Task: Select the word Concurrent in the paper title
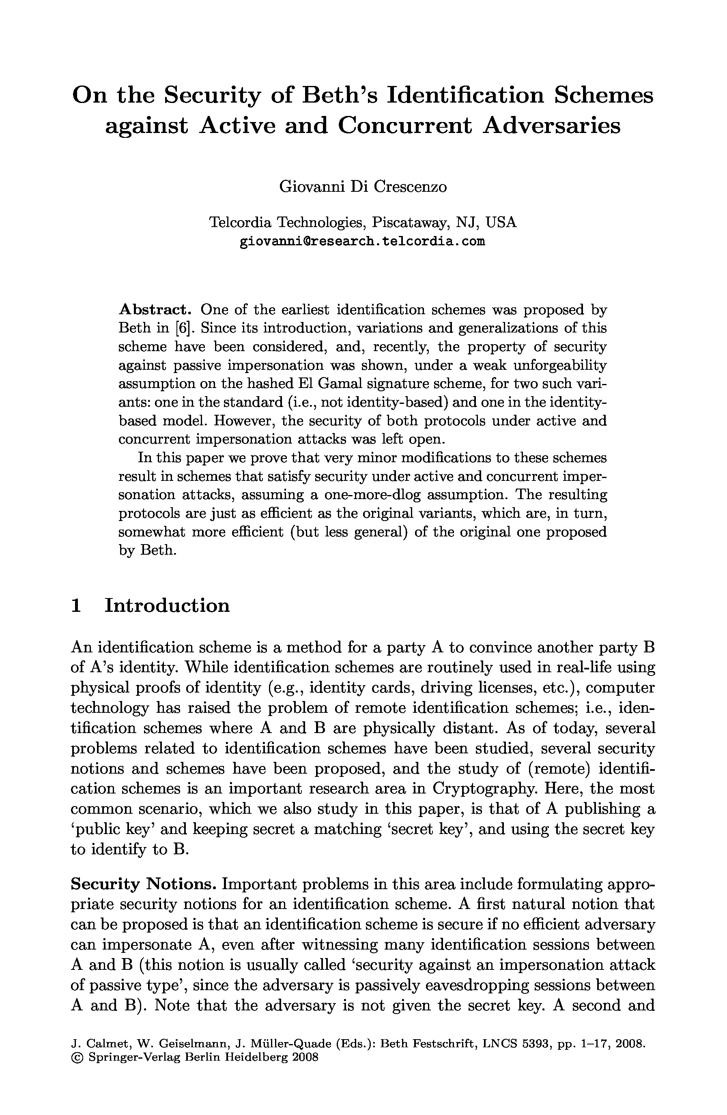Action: [404, 125]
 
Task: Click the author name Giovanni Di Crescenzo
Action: [363, 187]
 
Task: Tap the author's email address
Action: [362, 242]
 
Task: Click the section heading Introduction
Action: [167, 605]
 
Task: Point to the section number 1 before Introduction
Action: [76, 605]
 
